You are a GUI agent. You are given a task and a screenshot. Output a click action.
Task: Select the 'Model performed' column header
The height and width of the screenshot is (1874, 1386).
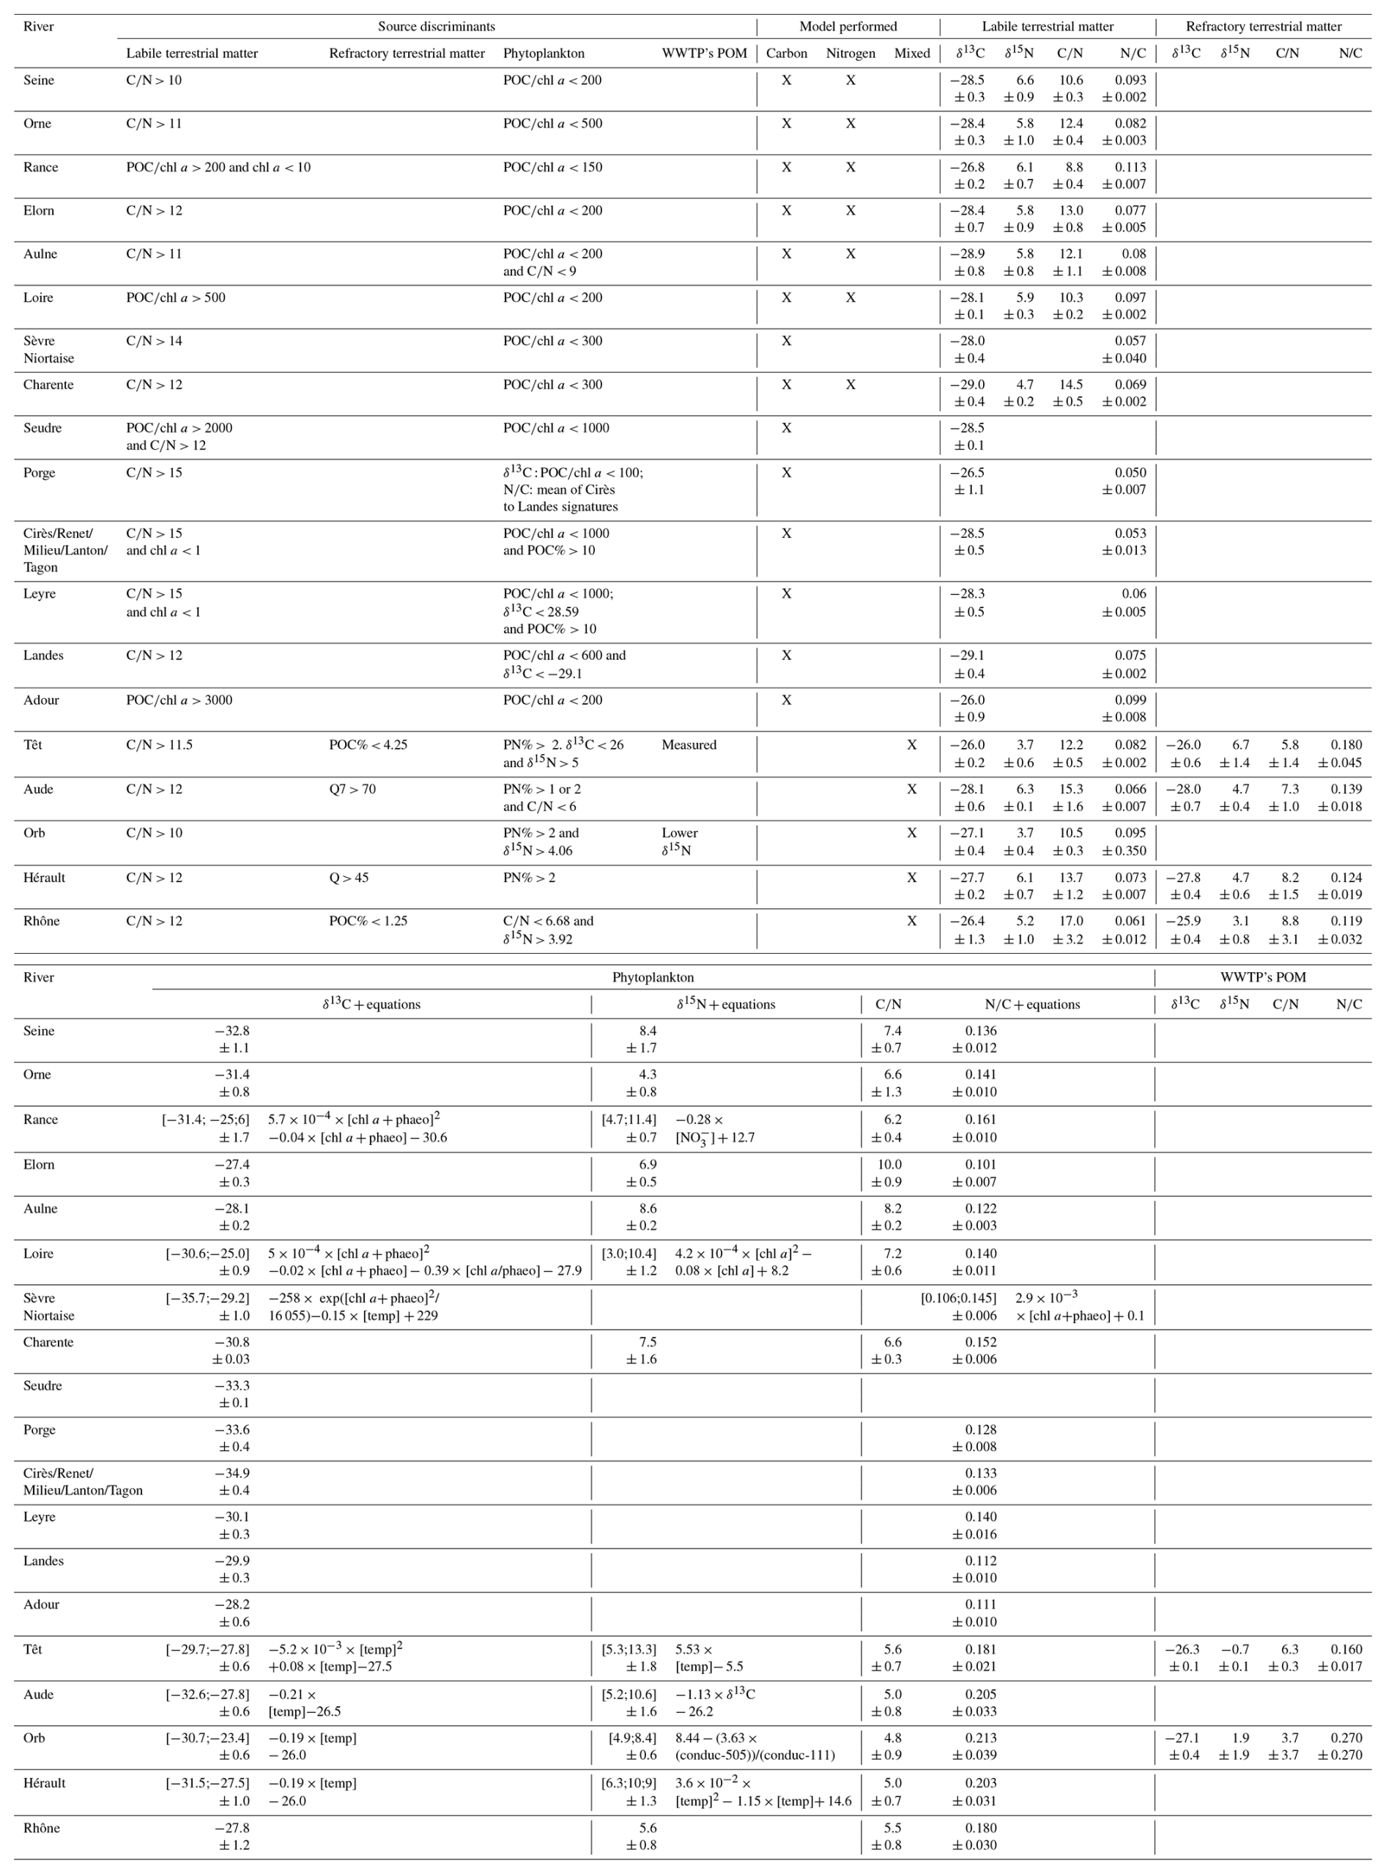pyautogui.click(x=848, y=26)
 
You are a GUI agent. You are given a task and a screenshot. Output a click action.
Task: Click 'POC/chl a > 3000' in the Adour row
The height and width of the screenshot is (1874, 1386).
pyautogui.click(x=179, y=700)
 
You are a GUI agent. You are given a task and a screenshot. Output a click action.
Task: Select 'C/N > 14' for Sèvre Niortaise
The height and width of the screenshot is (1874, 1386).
pyautogui.click(x=154, y=341)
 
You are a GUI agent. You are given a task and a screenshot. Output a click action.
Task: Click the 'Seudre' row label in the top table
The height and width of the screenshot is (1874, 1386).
pyautogui.click(x=42, y=428)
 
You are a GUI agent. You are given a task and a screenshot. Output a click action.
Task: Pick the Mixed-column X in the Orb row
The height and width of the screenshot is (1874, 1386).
pyautogui.click(x=911, y=833)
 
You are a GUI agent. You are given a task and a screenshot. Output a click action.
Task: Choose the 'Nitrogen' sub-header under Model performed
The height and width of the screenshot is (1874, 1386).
pyautogui.click(x=850, y=53)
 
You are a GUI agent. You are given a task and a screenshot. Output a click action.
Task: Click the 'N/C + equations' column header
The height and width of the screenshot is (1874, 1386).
pyautogui.click(x=1032, y=1004)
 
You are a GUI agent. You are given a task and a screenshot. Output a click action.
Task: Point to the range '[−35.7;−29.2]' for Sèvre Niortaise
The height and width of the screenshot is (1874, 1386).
pyautogui.click(x=207, y=1297)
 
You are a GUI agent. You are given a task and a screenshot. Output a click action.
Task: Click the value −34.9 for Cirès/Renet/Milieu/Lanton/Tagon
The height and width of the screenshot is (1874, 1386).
pyautogui.click(x=232, y=1473)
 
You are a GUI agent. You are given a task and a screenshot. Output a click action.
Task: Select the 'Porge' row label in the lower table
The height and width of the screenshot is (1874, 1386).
pyautogui.click(x=39, y=1429)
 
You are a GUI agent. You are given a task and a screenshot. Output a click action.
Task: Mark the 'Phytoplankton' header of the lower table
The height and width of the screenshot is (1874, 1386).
pyautogui.click(x=653, y=977)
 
